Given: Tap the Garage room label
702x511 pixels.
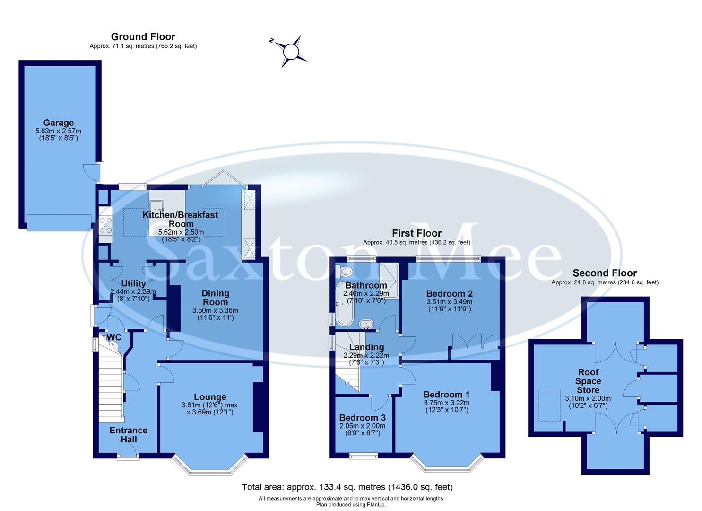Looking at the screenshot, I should pyautogui.click(x=58, y=123).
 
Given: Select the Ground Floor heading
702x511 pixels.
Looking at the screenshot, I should pyautogui.click(x=143, y=37).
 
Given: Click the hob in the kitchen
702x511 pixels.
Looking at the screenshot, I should pyautogui.click(x=105, y=225).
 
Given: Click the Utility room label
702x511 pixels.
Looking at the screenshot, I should pyautogui.click(x=133, y=284).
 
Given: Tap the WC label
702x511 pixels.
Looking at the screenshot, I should pyautogui.click(x=114, y=337).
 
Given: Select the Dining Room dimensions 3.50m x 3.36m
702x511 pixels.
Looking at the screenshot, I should pyautogui.click(x=215, y=311).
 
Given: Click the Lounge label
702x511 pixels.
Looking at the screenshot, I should pyautogui.click(x=210, y=397).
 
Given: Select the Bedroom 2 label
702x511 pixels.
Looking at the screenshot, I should pyautogui.click(x=449, y=293).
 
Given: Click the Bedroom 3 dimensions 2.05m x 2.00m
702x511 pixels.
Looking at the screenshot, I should pyautogui.click(x=362, y=426).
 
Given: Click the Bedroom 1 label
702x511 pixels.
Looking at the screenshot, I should pyautogui.click(x=446, y=394).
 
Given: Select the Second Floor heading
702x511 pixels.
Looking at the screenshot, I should pyautogui.click(x=605, y=273).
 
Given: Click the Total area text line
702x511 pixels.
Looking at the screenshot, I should pyautogui.click(x=347, y=487).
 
